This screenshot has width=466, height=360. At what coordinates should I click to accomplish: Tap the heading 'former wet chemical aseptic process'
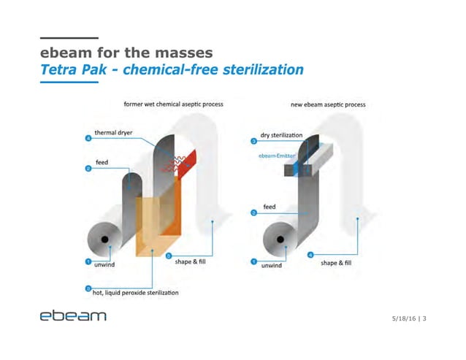point(173,104)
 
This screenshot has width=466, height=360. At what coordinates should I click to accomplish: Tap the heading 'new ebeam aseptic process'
point(328,104)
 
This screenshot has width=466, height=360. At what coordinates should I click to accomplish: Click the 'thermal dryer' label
point(113,134)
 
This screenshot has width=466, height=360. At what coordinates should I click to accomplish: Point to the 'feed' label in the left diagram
point(103,161)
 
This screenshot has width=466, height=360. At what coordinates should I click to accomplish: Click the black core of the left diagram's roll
point(105,240)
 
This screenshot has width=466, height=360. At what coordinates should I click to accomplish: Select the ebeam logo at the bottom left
point(73,316)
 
